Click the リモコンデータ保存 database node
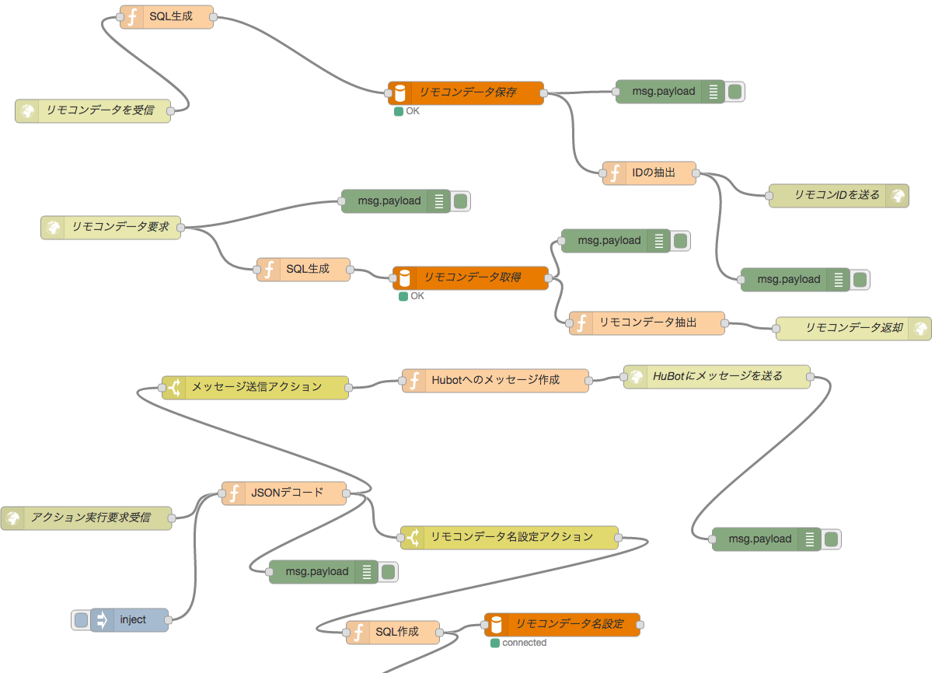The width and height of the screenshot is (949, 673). (x=466, y=92)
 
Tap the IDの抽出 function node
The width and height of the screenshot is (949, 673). (x=649, y=173)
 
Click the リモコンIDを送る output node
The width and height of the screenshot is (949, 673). (x=838, y=196)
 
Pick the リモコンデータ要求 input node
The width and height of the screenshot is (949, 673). (x=110, y=228)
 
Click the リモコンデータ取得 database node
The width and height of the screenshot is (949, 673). (x=470, y=277)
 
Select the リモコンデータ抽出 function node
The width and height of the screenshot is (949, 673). (x=647, y=323)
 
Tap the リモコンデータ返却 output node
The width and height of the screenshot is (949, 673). (x=853, y=328)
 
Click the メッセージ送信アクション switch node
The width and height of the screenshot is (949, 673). (x=255, y=387)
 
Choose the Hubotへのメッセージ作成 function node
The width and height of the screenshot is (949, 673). (x=495, y=380)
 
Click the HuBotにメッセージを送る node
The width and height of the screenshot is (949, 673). (x=717, y=377)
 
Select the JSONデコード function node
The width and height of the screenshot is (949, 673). (x=284, y=493)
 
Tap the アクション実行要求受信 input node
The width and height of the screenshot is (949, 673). (x=86, y=518)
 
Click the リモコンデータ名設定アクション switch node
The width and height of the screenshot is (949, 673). (x=509, y=537)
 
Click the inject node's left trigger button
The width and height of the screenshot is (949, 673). (x=81, y=620)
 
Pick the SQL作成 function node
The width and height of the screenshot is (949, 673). (x=393, y=633)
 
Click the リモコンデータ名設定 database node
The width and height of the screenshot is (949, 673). (x=562, y=624)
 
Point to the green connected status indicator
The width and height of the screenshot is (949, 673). (x=495, y=643)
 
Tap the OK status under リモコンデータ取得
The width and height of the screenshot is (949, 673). (x=403, y=296)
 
